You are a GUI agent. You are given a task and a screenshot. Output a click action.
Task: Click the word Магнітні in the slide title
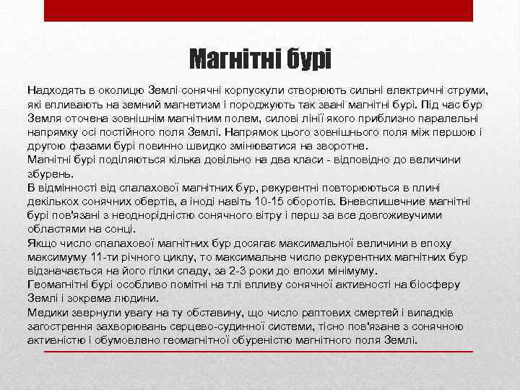point(233,58)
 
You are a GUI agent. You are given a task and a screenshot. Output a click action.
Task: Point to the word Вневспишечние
point(403,201)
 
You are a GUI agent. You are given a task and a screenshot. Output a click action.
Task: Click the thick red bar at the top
point(259,10)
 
